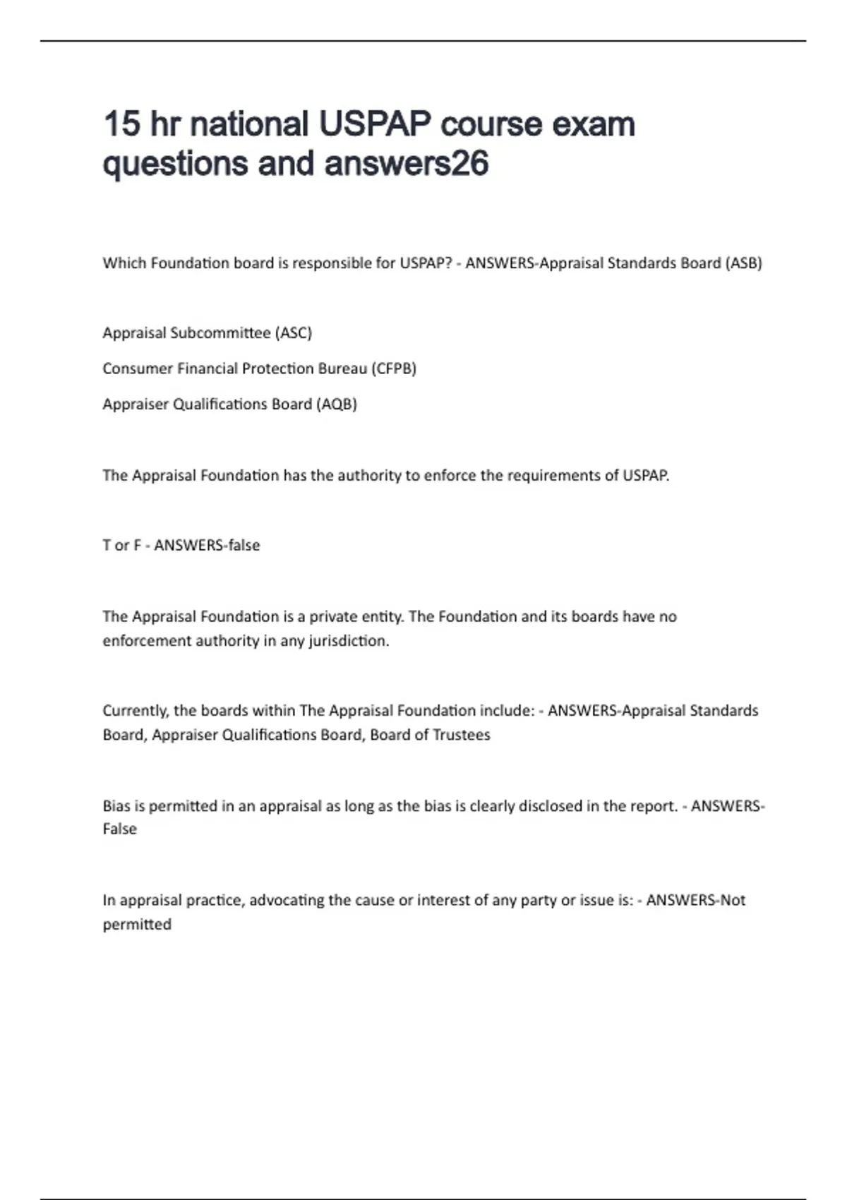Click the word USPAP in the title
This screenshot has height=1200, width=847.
pyautogui.click(x=375, y=124)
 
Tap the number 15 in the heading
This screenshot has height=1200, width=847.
pyautogui.click(x=121, y=124)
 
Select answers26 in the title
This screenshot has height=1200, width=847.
pyautogui.click(x=407, y=164)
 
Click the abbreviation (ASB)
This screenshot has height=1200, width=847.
pyautogui.click(x=744, y=263)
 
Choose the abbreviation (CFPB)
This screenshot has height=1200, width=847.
pyautogui.click(x=393, y=368)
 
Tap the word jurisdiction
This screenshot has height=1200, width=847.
pyautogui.click(x=349, y=641)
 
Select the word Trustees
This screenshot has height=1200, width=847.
pyautogui.click(x=461, y=735)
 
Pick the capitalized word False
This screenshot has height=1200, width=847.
pyautogui.click(x=120, y=829)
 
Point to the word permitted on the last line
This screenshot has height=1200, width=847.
pyautogui.click(x=137, y=925)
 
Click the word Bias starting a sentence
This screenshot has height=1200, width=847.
pyautogui.click(x=116, y=806)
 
